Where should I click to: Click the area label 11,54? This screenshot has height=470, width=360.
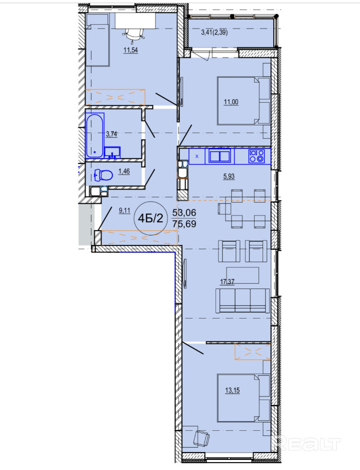click(131, 50)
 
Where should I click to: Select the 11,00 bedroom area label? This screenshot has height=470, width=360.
click(231, 102)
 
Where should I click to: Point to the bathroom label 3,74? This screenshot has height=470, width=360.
click(112, 134)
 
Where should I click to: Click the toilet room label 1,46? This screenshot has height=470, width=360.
click(124, 171)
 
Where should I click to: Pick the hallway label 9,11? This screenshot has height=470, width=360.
click(124, 211)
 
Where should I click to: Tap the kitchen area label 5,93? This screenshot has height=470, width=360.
click(229, 177)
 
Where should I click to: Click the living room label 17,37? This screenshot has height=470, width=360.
click(227, 282)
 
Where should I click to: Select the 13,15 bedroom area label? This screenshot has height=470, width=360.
click(232, 390)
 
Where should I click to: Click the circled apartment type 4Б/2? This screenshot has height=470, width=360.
click(150, 218)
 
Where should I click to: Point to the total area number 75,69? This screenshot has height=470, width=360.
click(184, 223)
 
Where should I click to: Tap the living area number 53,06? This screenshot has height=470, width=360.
click(184, 213)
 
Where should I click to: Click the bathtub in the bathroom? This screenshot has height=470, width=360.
click(95, 136)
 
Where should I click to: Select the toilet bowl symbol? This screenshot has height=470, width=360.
click(103, 175)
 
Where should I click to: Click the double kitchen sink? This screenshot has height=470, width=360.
click(220, 156)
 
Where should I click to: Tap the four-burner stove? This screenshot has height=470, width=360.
click(257, 156)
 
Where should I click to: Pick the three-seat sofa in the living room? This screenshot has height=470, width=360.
click(242, 301)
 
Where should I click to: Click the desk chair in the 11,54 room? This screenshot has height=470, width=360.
click(134, 34)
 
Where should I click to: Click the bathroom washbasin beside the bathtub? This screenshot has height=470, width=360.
click(112, 152)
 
